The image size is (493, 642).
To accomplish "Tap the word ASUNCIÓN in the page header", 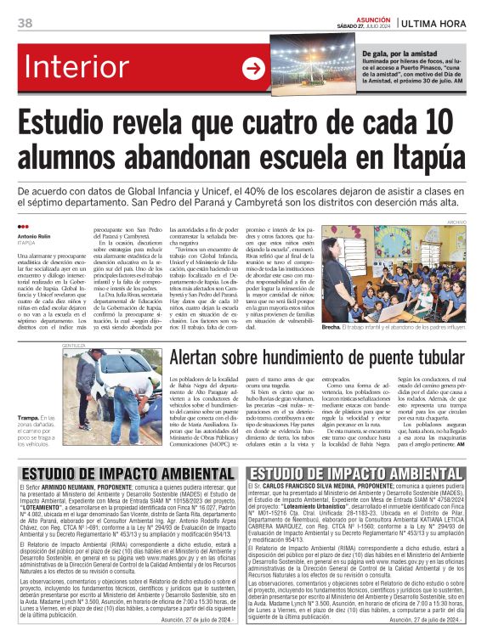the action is point(372,17).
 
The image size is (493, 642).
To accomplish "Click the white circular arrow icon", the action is point(252,69).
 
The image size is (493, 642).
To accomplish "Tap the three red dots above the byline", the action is point(23,227).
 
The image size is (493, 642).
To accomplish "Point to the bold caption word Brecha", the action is point(354,326).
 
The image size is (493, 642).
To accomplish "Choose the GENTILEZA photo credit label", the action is point(74,346).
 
